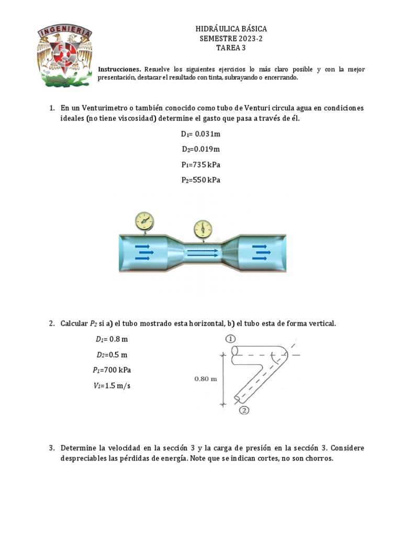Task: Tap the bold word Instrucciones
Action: click(x=119, y=69)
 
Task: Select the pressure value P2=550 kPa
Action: click(x=201, y=180)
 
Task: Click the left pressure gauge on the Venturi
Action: click(x=144, y=220)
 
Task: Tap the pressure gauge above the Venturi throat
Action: click(x=202, y=229)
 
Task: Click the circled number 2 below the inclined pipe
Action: click(x=243, y=411)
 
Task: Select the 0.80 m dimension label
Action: click(x=205, y=380)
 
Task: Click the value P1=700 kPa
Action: click(x=112, y=370)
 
